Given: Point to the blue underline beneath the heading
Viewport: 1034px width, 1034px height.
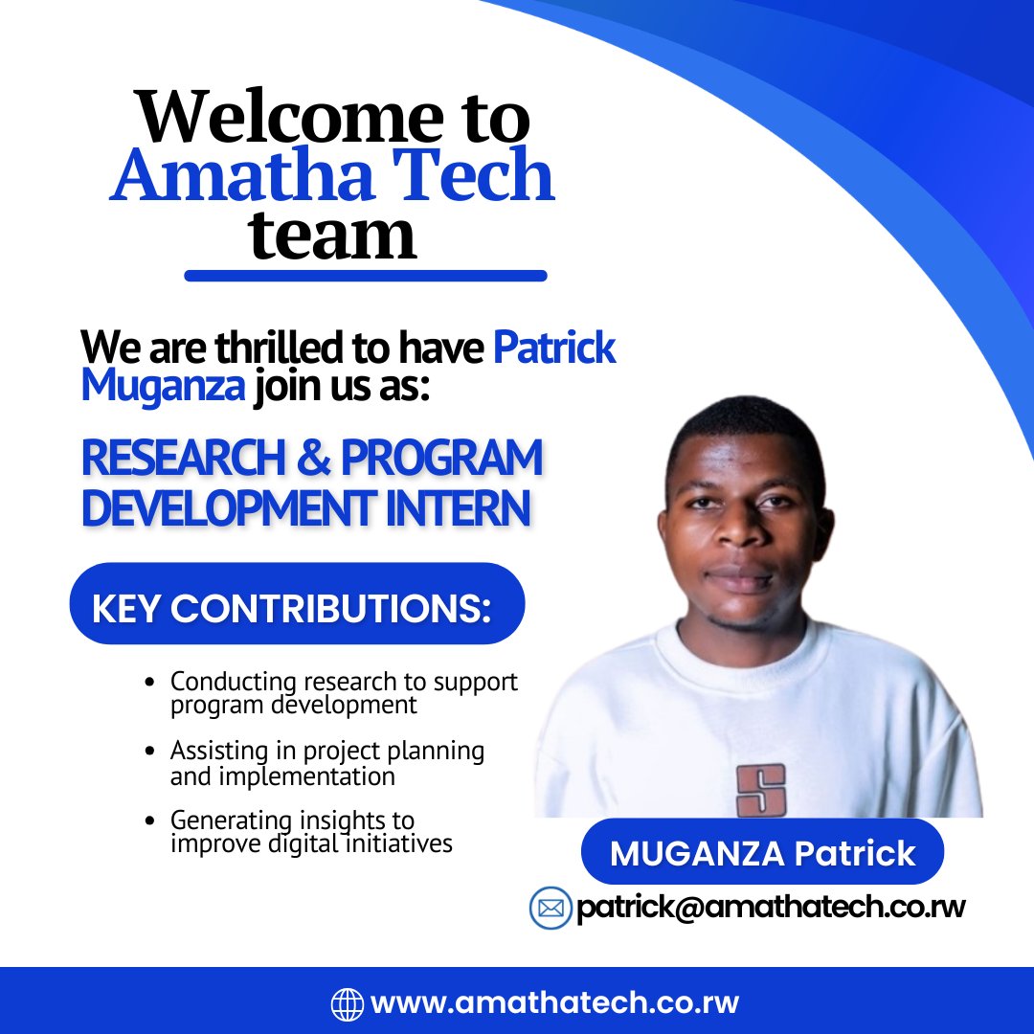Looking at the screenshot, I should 365,276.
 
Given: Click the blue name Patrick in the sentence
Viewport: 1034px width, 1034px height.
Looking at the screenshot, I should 554,348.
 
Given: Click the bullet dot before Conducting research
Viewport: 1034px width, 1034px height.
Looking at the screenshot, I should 150,684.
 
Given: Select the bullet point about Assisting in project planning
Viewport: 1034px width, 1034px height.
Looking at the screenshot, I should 326,763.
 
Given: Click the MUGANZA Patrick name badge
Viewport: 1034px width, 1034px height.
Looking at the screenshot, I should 762,852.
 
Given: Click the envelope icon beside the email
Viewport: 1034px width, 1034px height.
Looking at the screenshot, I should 551,908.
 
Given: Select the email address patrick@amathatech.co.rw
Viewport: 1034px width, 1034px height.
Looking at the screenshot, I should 771,908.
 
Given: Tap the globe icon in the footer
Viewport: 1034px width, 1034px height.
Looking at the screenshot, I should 347,1003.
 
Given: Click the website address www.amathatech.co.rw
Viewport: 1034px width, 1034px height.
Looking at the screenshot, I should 554,1003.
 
